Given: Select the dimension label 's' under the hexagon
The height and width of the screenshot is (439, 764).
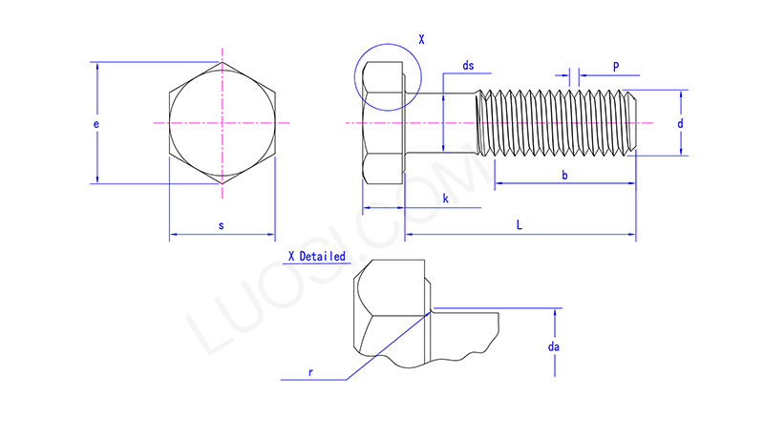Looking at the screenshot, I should coord(222,225).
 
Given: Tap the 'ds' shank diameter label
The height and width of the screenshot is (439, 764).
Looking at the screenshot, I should coord(468,66).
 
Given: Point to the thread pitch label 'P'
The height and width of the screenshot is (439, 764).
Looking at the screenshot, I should coord(616,67).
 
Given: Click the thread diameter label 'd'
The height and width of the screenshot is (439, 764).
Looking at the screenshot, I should coord(680,124).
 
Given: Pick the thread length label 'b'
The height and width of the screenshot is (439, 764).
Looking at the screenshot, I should coord(564,175).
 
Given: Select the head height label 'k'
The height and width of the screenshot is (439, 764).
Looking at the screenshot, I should coord(445,198).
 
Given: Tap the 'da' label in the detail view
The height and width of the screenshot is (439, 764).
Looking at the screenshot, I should coord(553,347).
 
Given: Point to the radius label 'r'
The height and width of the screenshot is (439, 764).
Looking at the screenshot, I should coord(310,372).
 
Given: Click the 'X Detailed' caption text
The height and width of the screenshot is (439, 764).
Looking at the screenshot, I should coord(316,257).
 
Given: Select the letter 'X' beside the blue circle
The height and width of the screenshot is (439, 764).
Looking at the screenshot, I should coord(421,40).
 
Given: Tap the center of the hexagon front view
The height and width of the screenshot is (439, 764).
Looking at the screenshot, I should coord(222,124).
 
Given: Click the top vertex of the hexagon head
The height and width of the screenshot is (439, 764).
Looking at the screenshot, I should coord(222,63).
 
